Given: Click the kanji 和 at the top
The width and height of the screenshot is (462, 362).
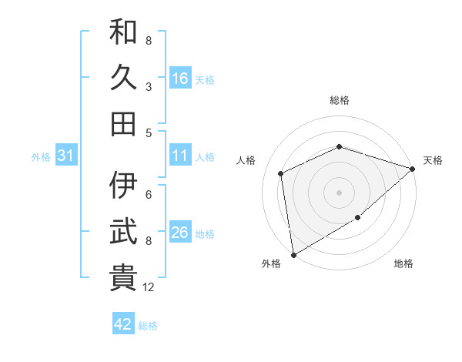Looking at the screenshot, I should click(x=123, y=32).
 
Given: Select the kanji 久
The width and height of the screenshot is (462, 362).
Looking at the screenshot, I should click(x=123, y=78).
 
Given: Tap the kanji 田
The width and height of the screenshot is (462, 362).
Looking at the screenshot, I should click(x=123, y=123).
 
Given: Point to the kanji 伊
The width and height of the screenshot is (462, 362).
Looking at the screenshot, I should click(x=123, y=185).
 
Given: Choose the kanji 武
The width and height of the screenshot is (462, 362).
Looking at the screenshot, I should click(x=123, y=231).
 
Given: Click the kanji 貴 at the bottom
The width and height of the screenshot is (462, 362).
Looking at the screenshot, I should click(x=123, y=277).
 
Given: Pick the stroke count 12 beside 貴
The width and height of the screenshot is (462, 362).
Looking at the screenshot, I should click(x=149, y=287).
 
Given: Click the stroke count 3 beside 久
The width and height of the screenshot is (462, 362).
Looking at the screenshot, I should click(x=148, y=87).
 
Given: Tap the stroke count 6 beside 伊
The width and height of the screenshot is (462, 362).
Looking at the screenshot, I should click(x=148, y=194).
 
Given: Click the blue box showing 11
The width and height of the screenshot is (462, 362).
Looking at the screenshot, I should click(x=180, y=156).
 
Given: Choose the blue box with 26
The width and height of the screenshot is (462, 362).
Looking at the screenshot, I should click(x=180, y=233).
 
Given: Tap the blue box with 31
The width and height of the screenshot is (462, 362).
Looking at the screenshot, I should click(x=66, y=156).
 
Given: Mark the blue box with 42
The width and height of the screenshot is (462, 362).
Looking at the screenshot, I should click(x=123, y=324).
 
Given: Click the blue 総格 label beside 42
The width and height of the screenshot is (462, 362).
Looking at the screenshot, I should click(x=148, y=326).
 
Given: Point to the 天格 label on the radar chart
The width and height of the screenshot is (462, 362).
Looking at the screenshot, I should click(x=433, y=160).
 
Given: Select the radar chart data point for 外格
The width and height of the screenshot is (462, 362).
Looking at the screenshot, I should click(x=293, y=254).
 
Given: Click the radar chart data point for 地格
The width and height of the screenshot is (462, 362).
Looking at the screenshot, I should click(x=358, y=219).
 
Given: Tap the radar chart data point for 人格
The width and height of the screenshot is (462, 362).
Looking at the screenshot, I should click(x=281, y=173).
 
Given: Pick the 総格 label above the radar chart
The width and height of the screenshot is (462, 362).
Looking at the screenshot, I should click(x=339, y=100).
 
